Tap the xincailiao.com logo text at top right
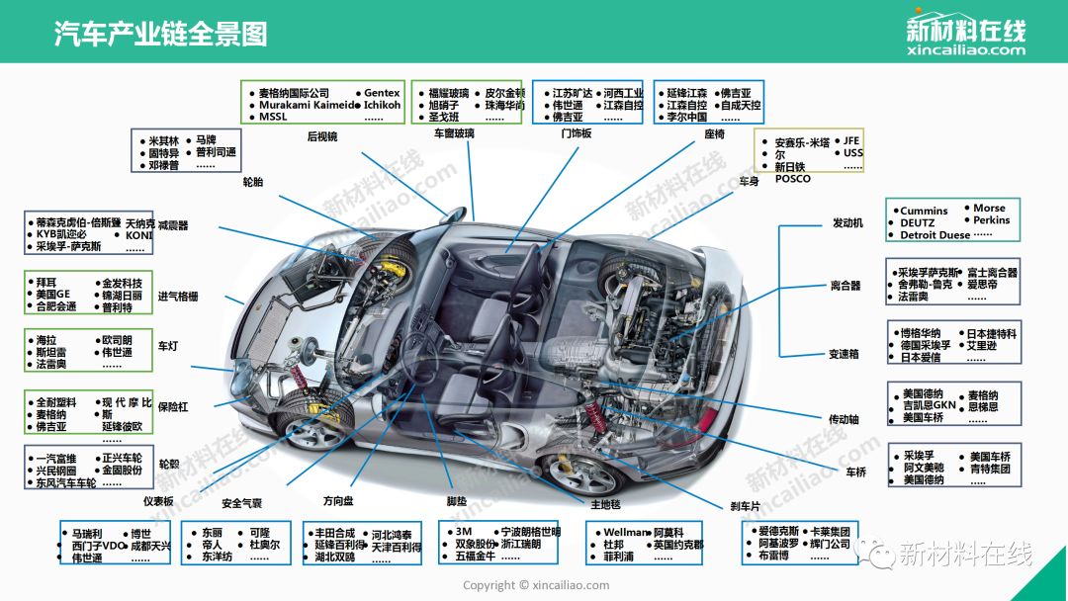(965, 50)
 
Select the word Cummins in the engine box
(924, 211)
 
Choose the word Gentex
(382, 93)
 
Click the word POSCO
(792, 179)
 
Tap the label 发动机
(847, 223)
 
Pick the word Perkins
(992, 220)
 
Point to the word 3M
(464, 532)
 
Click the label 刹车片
(745, 506)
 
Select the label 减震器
(173, 225)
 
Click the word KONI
(139, 235)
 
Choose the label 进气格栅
(178, 297)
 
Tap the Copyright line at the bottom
(536, 585)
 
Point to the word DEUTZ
(917, 223)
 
